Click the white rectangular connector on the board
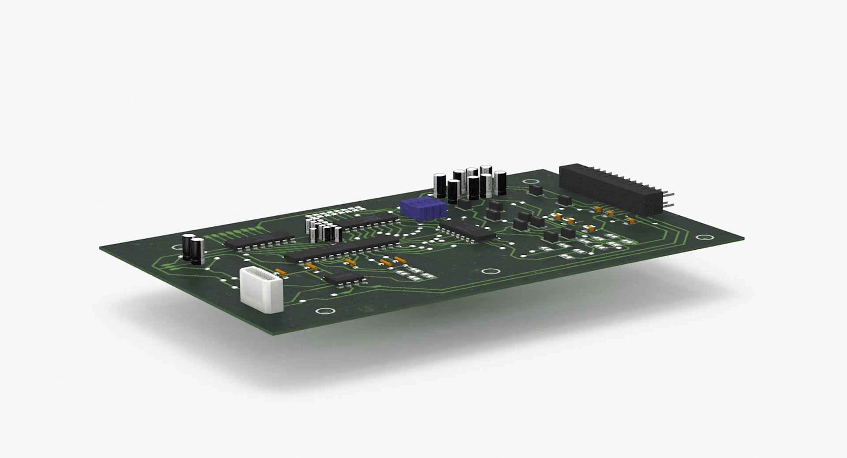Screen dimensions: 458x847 [x=261, y=290]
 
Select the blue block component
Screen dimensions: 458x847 [x=423, y=209]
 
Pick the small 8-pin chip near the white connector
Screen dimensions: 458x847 [x=344, y=278]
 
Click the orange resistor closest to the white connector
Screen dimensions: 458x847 [x=281, y=272]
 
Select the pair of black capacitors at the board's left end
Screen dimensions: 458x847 [x=193, y=250]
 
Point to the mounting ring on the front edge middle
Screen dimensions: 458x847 [x=488, y=272]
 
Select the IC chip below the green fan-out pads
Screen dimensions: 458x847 [x=259, y=240]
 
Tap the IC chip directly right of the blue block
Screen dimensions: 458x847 [x=467, y=230]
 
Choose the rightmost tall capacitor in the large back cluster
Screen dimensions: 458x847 [x=500, y=183]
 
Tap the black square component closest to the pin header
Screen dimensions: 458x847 [x=564, y=199]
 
